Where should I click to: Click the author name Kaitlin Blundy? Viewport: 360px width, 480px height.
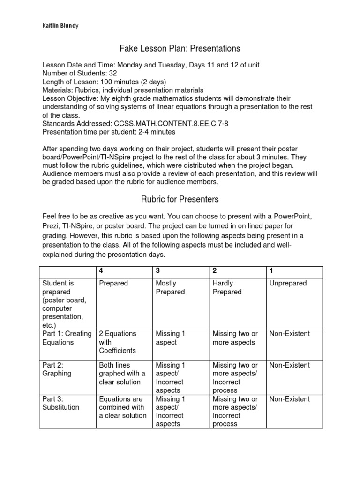(59, 25)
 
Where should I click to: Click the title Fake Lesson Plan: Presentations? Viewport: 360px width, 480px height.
(180, 48)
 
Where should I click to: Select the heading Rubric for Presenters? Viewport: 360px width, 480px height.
(180, 199)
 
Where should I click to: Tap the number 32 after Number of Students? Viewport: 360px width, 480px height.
(113, 74)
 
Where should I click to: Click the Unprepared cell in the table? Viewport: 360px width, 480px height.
(288, 284)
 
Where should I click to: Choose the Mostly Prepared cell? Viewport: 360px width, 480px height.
(170, 288)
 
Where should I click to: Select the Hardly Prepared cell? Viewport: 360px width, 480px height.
(227, 288)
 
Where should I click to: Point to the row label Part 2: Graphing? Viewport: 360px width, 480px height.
(57, 369)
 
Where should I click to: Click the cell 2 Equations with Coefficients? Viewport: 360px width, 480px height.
(117, 342)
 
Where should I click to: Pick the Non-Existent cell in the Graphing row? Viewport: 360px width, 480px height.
(289, 365)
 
